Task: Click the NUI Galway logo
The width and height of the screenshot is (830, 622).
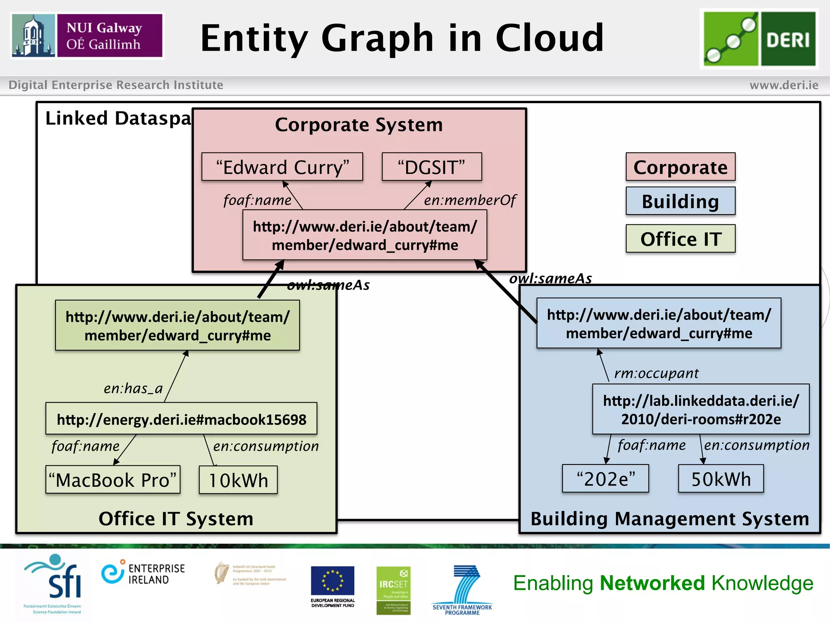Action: click(x=87, y=36)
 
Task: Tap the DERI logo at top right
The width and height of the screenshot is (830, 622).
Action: click(x=759, y=39)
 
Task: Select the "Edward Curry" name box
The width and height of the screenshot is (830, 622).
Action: click(x=282, y=167)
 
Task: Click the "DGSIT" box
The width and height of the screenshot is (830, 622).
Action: click(x=432, y=167)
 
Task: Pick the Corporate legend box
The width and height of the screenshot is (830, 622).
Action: click(x=680, y=167)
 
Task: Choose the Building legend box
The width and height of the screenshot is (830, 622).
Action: click(x=680, y=201)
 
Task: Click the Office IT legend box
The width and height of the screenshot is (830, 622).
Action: click(x=680, y=239)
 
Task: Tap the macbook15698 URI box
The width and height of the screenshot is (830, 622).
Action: click(x=181, y=419)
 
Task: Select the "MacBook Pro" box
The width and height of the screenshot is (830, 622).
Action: click(x=113, y=480)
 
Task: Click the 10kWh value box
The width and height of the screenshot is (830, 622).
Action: click(x=238, y=480)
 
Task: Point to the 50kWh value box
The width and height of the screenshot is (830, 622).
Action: click(x=721, y=479)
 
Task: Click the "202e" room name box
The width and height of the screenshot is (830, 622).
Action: click(x=605, y=479)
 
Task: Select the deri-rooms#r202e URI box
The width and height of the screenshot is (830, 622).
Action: click(x=701, y=409)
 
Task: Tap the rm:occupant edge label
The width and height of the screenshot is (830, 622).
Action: click(x=657, y=373)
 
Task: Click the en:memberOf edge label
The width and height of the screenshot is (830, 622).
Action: click(x=470, y=200)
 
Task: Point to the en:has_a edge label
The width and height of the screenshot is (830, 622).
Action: click(x=133, y=388)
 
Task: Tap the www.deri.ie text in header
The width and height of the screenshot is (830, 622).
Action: click(x=784, y=85)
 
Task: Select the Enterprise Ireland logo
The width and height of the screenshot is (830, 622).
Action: click(x=143, y=574)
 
